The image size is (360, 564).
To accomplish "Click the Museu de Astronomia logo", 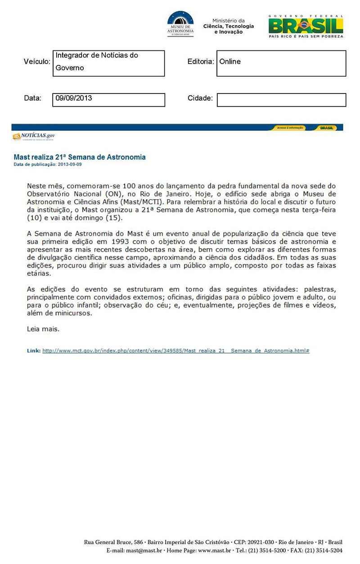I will click(x=180, y=24).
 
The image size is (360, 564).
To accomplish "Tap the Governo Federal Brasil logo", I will click(x=306, y=26).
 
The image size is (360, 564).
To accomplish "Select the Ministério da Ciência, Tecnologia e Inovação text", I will click(x=229, y=27).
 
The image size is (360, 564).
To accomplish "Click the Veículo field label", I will click(x=37, y=62).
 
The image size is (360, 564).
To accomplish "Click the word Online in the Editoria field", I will click(x=230, y=62).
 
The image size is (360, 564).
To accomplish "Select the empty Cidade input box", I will click(x=281, y=100).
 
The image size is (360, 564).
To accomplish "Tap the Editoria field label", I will click(x=200, y=62).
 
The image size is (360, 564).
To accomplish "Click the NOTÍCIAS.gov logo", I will click(x=34, y=136).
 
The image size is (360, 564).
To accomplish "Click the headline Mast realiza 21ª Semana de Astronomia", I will click(x=80, y=157).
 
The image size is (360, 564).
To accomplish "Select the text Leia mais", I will click(x=43, y=329).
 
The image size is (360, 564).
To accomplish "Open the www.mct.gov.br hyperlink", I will click(x=175, y=350).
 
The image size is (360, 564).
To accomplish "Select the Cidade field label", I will click(x=200, y=98).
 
